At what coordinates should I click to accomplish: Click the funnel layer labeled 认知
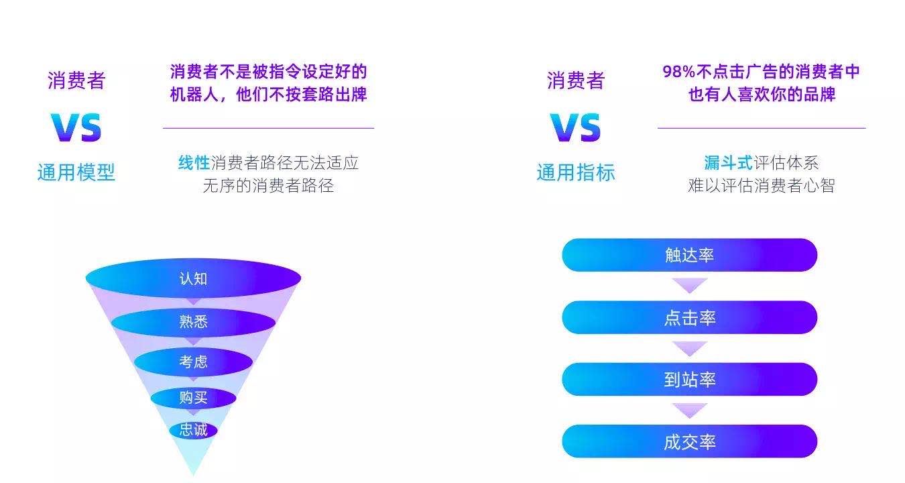click(x=193, y=278)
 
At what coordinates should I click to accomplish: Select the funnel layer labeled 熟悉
click(x=193, y=322)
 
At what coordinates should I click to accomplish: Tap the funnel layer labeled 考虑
click(x=193, y=362)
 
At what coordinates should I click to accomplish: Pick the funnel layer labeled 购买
click(x=193, y=398)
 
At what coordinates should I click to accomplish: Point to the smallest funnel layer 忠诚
click(x=193, y=429)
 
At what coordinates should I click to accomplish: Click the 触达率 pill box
click(x=689, y=255)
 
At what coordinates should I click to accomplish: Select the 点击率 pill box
click(x=689, y=317)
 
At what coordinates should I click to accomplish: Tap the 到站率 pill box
click(x=689, y=379)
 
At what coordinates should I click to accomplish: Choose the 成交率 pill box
click(x=689, y=441)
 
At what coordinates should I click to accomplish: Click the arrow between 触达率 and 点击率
click(x=690, y=284)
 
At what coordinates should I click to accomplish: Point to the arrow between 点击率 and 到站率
click(x=690, y=347)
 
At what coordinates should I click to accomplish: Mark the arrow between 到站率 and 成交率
click(x=690, y=410)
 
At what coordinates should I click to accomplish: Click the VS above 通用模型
click(x=76, y=127)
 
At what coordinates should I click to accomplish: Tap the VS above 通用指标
click(x=575, y=127)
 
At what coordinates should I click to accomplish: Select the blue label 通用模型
click(x=76, y=172)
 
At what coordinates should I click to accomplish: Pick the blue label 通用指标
click(x=576, y=172)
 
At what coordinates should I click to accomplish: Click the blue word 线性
click(x=194, y=163)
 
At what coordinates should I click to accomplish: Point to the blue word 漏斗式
click(x=728, y=163)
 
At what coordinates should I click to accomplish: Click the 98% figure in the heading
click(x=678, y=72)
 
